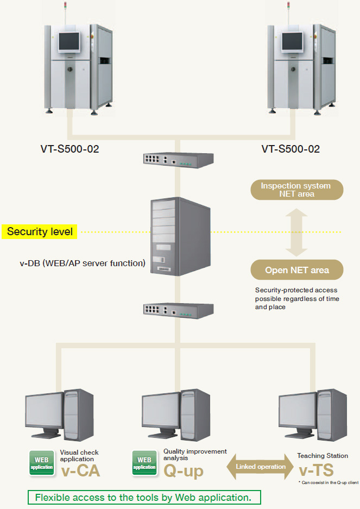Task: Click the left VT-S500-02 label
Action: pyautogui.click(x=70, y=148)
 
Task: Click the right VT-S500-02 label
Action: pyautogui.click(x=290, y=148)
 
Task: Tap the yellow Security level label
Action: pyautogui.click(x=40, y=231)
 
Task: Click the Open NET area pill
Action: pyautogui.click(x=296, y=270)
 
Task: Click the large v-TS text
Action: pyautogui.click(x=315, y=469)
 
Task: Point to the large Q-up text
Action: pyautogui.click(x=184, y=470)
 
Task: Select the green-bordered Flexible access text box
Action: pyautogui.click(x=144, y=497)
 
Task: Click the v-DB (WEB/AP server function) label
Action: pyautogui.click(x=83, y=263)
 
